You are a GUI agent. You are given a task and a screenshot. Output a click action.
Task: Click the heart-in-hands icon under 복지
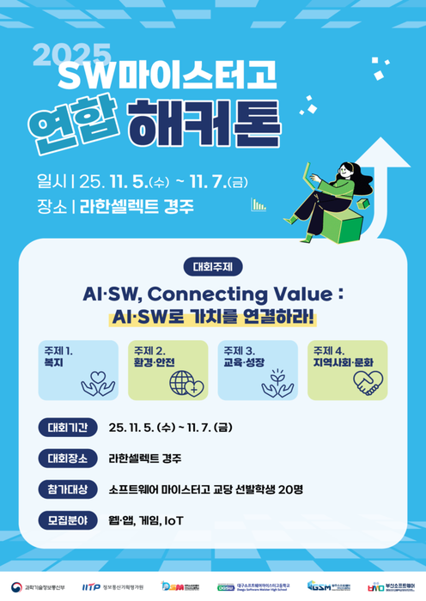tap(97, 382)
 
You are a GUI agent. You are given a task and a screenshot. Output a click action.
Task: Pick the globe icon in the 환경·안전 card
tap(186, 382)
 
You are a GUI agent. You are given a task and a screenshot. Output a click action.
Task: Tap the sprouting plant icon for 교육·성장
tap(277, 380)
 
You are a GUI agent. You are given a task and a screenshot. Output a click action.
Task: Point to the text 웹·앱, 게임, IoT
tap(147, 520)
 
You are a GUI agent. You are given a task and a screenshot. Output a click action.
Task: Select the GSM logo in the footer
tap(320, 585)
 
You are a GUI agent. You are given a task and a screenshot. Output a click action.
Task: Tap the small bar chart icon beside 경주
tap(258, 204)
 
